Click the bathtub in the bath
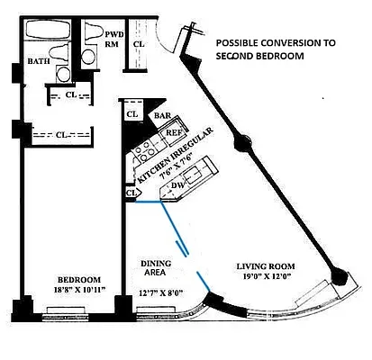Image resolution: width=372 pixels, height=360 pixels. point(48,30)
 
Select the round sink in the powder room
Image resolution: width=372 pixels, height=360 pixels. point(88,57)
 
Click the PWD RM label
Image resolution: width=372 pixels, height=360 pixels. point(113,39)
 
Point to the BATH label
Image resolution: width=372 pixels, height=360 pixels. point(39,61)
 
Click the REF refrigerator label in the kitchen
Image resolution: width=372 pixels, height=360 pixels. point(173,132)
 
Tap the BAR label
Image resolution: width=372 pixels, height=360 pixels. point(162,115)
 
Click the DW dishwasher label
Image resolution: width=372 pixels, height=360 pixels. point(177,185)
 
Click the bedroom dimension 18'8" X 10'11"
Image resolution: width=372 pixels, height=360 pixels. point(79,290)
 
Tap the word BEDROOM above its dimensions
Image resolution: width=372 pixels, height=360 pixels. point(79,280)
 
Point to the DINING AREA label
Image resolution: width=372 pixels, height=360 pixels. point(156,268)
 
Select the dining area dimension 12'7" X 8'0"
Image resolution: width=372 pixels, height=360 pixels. point(162,292)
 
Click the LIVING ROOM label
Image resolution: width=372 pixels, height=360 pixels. point(266,266)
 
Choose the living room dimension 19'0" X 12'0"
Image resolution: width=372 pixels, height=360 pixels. point(268,276)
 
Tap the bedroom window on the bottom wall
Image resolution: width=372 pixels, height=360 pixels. point(65,314)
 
